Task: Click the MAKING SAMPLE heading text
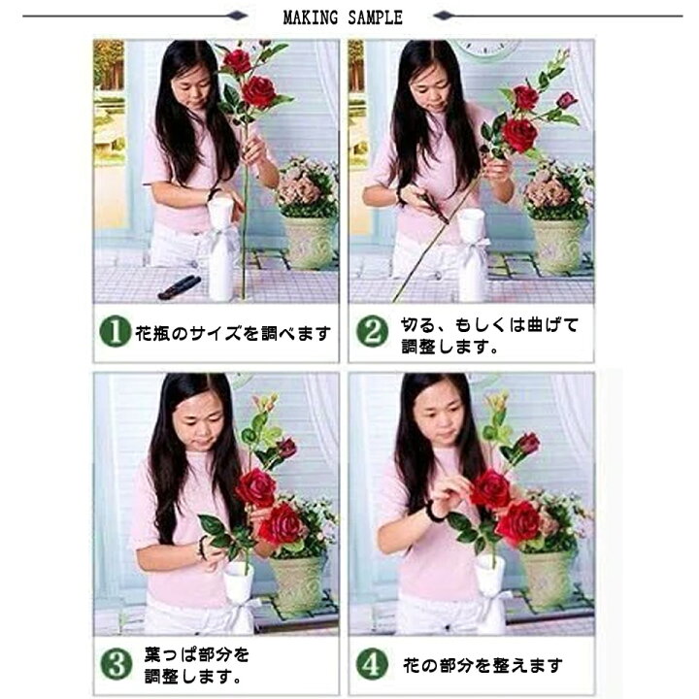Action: (342, 17)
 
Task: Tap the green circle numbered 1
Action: (115, 333)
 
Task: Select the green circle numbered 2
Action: (371, 332)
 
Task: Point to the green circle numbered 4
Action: (371, 665)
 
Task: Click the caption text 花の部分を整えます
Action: (483, 666)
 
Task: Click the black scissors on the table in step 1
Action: (179, 286)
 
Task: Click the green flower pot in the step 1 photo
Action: (309, 242)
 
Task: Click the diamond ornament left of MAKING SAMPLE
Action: (235, 17)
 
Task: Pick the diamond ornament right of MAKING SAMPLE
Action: (443, 17)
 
